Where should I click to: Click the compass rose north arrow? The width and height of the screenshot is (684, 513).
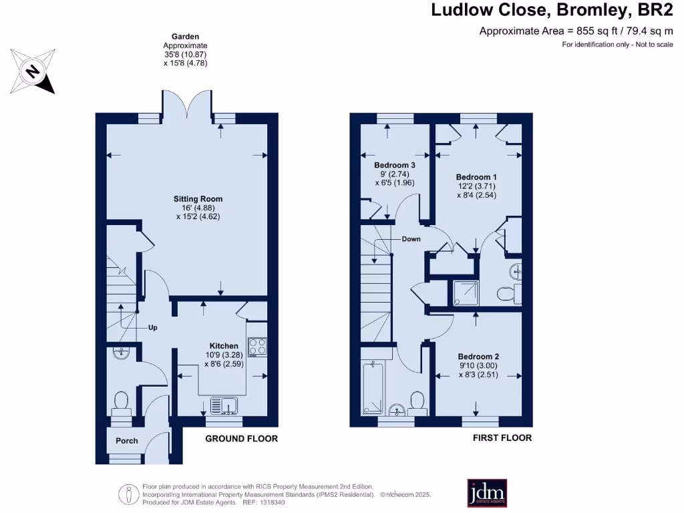[x=31, y=70]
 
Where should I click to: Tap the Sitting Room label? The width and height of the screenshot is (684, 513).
[x=198, y=199]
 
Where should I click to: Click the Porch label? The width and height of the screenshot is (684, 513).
[x=127, y=441]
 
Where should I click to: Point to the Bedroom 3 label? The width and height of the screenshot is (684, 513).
[x=395, y=165]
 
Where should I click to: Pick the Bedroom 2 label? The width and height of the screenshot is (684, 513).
[x=478, y=357]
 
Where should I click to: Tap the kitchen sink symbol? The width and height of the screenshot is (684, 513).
[x=222, y=405]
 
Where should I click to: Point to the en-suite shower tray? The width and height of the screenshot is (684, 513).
[x=462, y=291]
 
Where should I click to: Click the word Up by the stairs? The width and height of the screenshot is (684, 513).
[x=153, y=328]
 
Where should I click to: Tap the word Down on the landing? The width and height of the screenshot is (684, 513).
[x=411, y=238]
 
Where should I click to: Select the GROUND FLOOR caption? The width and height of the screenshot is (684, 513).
[x=241, y=439]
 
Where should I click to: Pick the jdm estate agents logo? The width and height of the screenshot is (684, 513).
[x=486, y=494]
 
